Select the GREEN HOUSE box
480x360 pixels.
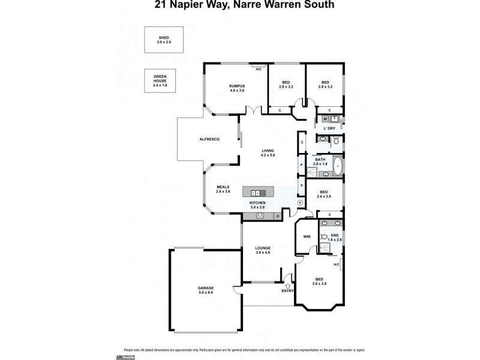click(x=159, y=81)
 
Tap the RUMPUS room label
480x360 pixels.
click(x=237, y=88)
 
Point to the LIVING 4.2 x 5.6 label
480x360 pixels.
click(x=268, y=153)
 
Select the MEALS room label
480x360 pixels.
click(x=223, y=188)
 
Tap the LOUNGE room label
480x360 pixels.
click(x=262, y=250)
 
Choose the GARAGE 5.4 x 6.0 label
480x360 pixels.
click(x=206, y=290)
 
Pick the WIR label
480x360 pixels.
click(x=307, y=237)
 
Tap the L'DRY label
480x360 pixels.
click(x=329, y=128)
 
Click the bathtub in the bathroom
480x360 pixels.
click(x=337, y=166)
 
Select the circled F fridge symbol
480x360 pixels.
click(x=301, y=202)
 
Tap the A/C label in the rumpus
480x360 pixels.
click(x=259, y=70)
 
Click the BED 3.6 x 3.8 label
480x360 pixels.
click(x=319, y=281)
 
